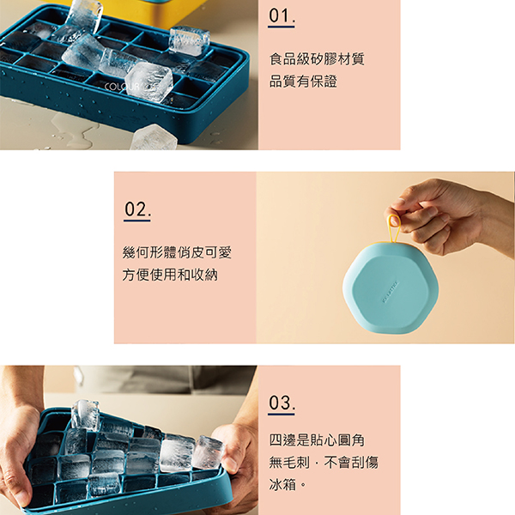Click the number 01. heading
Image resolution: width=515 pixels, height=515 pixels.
[x=282, y=15]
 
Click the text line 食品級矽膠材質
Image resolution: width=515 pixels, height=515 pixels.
[x=317, y=59]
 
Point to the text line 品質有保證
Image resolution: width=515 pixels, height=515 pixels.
[x=303, y=82]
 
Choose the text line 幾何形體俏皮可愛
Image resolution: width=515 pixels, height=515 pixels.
[x=177, y=252]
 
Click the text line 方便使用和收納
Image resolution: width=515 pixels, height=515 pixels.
[x=170, y=275]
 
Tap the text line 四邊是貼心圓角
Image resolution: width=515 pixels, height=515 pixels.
[x=317, y=440]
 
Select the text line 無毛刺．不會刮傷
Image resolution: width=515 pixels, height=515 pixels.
[x=324, y=463]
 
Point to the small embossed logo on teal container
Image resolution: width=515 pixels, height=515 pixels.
[x=391, y=292]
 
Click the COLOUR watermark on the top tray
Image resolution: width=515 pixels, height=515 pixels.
[x=122, y=87]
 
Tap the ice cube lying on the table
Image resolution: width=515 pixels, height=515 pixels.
[x=154, y=137]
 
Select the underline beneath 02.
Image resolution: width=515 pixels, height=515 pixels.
[x=137, y=221]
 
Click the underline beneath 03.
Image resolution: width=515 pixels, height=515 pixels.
[x=282, y=415]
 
